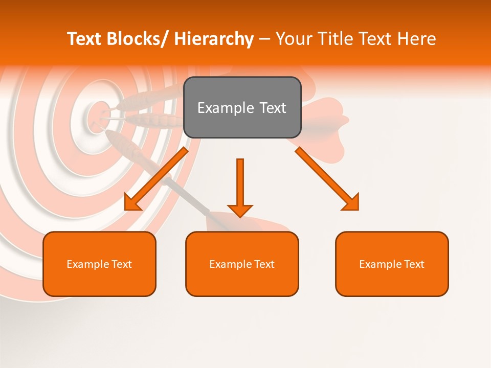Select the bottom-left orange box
pos(99,264)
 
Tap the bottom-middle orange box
pos(242,264)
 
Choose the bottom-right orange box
pos(392,264)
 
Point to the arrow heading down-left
pos(157,178)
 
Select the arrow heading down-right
pos(327,178)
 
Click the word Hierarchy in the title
pos(214,39)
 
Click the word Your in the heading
pos(292,39)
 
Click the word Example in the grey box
pos(226,108)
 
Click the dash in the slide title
pos(264,39)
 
